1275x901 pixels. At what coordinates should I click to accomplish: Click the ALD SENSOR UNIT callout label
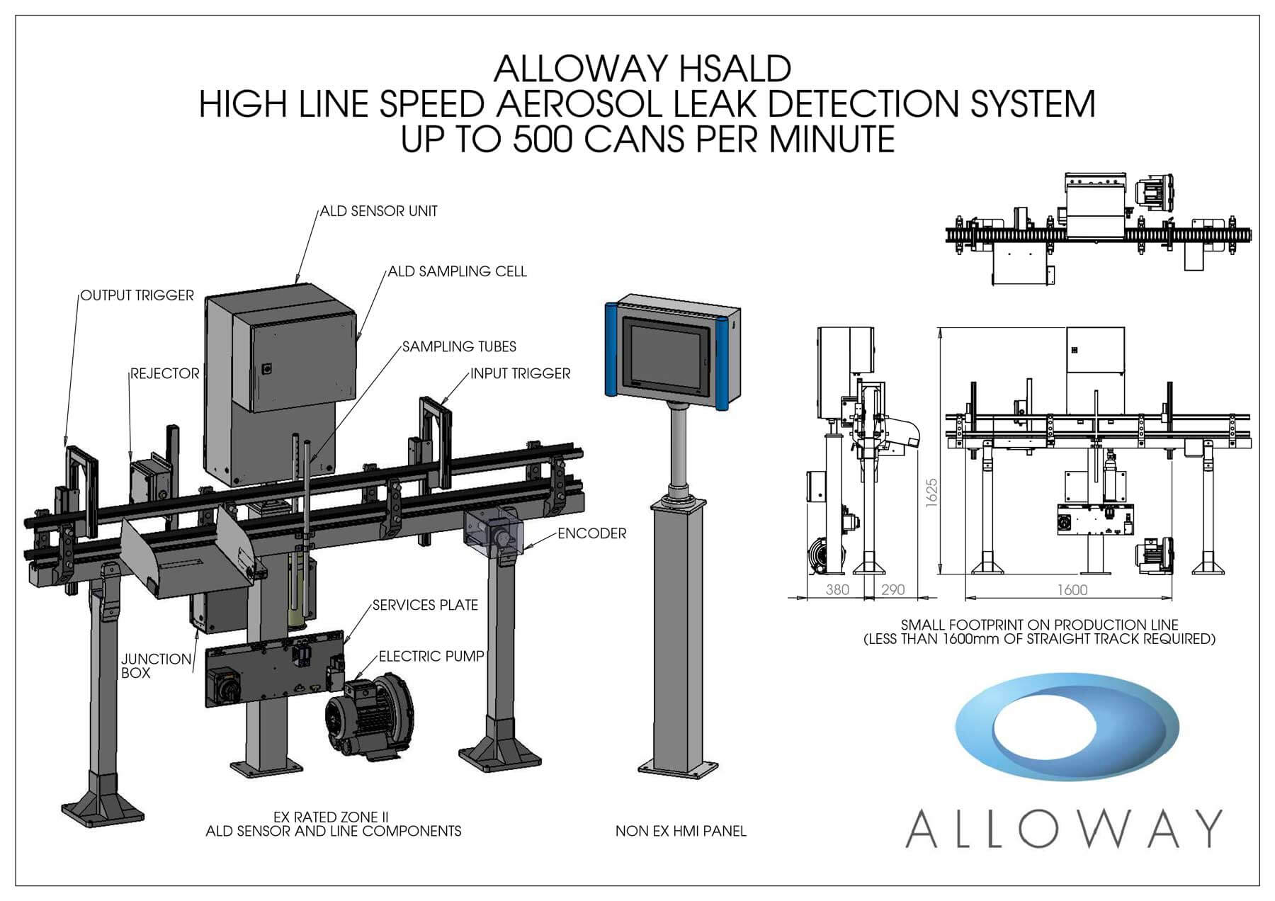378,211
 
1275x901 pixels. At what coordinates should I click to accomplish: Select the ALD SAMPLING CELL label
457,271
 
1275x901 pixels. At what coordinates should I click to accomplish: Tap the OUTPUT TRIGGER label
137,295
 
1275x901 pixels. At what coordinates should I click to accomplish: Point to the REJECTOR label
165,373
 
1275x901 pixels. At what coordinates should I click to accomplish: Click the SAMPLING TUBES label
459,346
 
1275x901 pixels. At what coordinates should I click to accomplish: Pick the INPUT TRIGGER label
521,373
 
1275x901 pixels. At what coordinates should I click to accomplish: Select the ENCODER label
592,533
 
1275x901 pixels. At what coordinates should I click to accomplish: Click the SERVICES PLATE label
425,605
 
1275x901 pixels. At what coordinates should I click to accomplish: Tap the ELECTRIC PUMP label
431,657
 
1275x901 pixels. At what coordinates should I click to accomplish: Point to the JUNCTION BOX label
156,666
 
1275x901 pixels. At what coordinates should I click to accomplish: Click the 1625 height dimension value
931,492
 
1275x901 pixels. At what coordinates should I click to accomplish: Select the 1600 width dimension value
1072,590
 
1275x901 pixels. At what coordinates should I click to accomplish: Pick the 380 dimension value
837,590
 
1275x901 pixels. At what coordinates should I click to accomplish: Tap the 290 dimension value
893,590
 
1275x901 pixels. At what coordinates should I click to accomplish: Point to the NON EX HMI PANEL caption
681,831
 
